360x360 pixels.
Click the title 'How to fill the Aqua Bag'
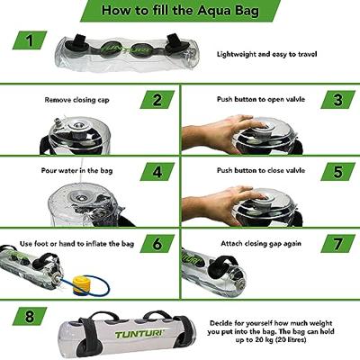click(x=180, y=13)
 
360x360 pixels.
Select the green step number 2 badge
click(x=157, y=100)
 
